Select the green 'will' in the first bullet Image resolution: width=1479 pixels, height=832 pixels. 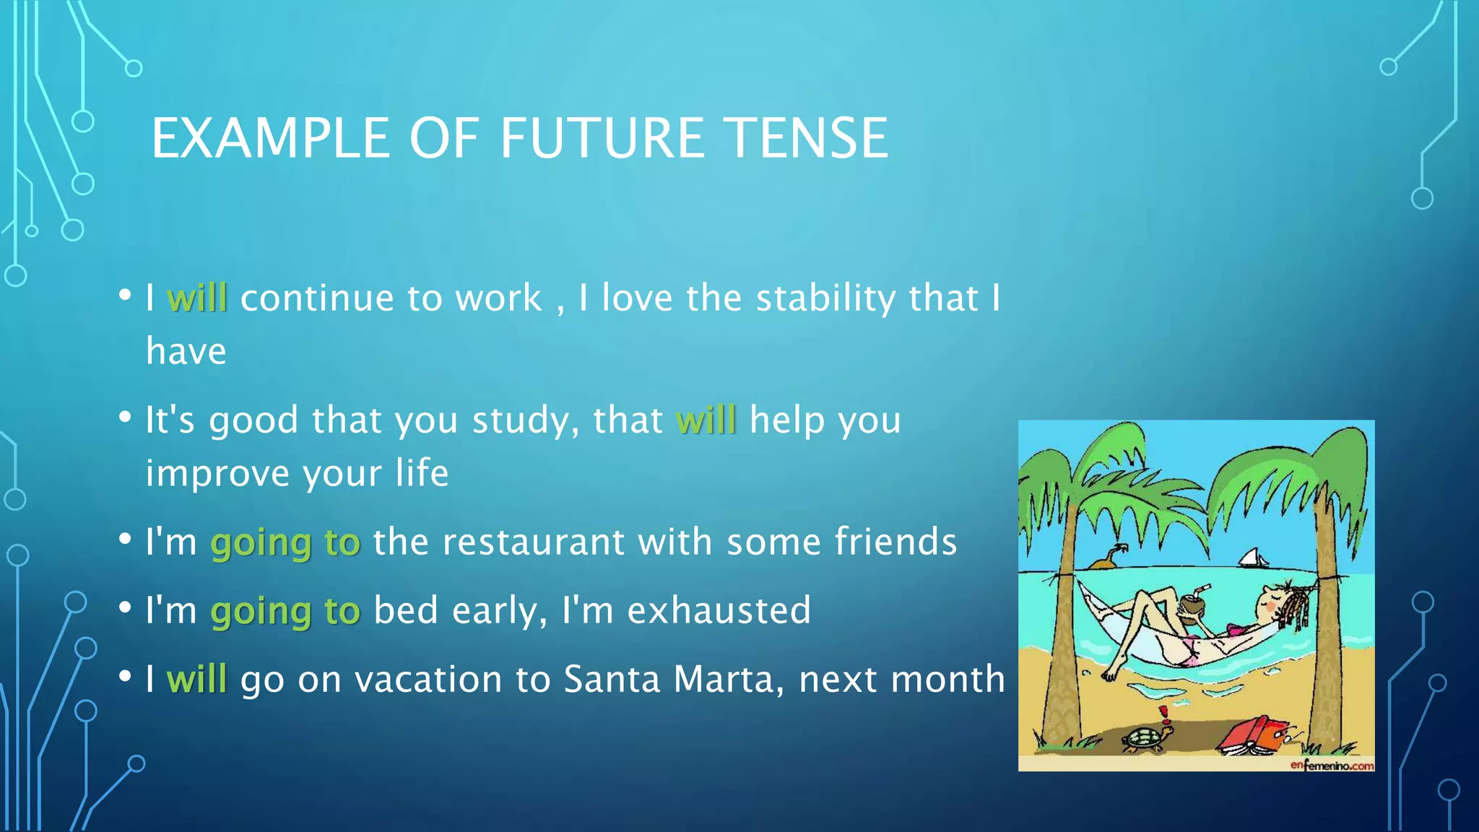pyautogui.click(x=196, y=298)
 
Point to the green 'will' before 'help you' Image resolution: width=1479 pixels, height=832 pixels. pyautogui.click(x=706, y=420)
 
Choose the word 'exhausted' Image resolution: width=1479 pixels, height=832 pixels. pyautogui.click(x=719, y=610)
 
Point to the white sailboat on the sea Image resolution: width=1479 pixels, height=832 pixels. pyautogui.click(x=1253, y=558)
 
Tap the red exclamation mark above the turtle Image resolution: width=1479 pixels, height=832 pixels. pyautogui.click(x=1163, y=714)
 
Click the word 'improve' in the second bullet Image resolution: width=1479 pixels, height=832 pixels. pyautogui.click(x=217, y=474)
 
